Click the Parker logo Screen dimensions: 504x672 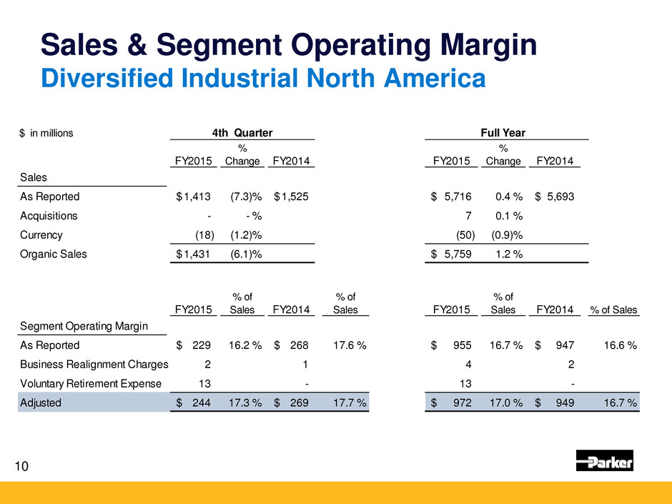(x=604, y=462)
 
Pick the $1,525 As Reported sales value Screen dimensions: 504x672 (x=292, y=197)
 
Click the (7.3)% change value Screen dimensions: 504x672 (x=242, y=197)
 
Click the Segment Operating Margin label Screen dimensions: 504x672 (x=82, y=326)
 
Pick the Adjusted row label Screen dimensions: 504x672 (x=40, y=403)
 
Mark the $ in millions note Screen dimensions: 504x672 (x=46, y=133)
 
